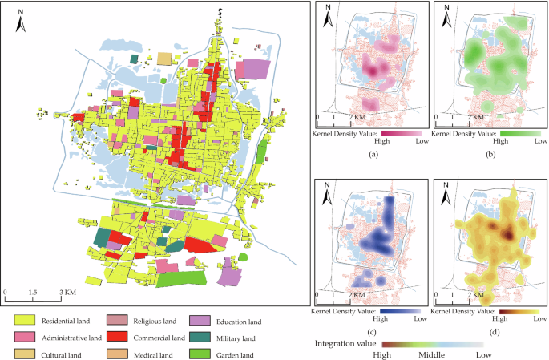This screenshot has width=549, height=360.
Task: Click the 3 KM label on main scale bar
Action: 67,293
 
